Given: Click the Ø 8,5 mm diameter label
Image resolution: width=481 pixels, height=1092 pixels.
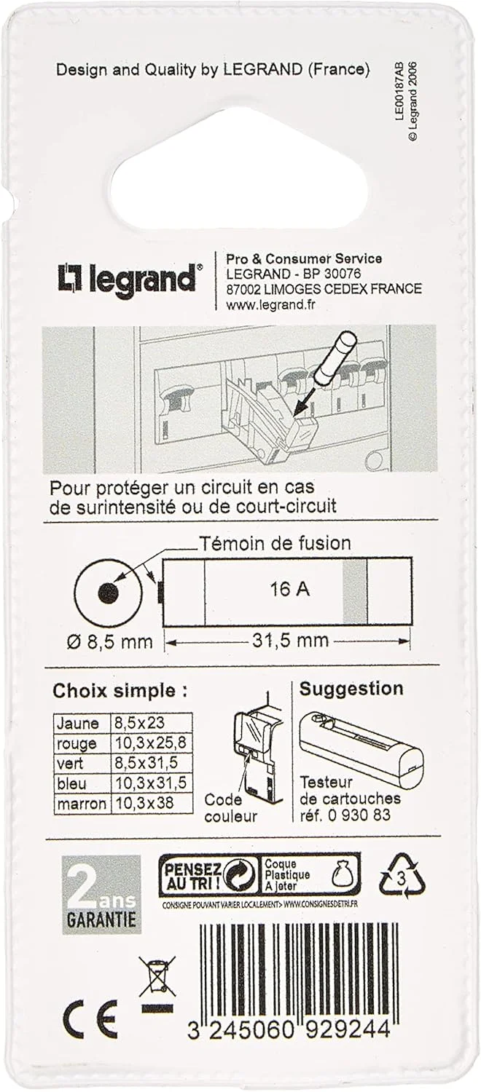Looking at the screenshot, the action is point(109,642).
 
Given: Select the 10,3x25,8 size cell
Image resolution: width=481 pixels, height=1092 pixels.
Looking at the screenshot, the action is point(152,743).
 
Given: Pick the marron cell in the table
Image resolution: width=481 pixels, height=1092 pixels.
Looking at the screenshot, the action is point(82,803).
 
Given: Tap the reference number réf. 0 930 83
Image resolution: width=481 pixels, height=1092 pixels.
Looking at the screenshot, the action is point(345,815).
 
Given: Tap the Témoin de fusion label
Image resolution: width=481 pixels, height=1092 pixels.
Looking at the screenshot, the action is point(275,544).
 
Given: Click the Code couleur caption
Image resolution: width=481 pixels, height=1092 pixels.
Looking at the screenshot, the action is point(230,808).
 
